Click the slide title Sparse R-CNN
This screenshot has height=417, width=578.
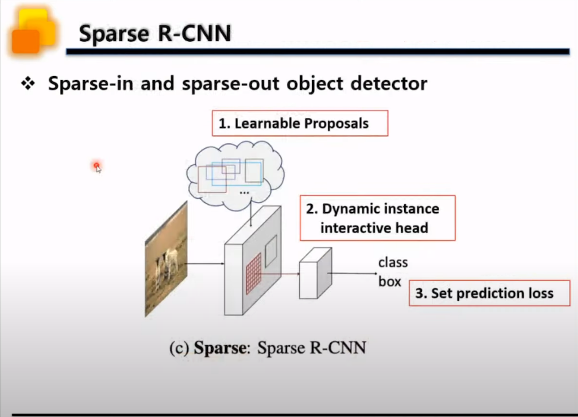tap(155, 34)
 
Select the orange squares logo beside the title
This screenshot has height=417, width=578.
tap(33, 31)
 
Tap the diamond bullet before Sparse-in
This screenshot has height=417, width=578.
tap(28, 84)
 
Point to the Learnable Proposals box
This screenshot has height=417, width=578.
tap(300, 124)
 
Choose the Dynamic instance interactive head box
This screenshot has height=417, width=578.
tap(377, 218)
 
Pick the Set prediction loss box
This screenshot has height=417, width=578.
tap(489, 293)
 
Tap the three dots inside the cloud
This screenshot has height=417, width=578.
tap(244, 192)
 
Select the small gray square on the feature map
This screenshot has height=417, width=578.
tap(271, 250)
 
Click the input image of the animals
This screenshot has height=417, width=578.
tap(166, 258)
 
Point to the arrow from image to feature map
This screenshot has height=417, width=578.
tap(205, 263)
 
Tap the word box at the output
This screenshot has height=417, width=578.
tap(389, 281)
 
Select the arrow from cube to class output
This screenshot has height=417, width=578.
tap(353, 274)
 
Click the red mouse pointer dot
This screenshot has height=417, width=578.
tap(97, 166)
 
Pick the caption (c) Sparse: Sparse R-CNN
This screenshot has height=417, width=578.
tap(268, 347)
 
